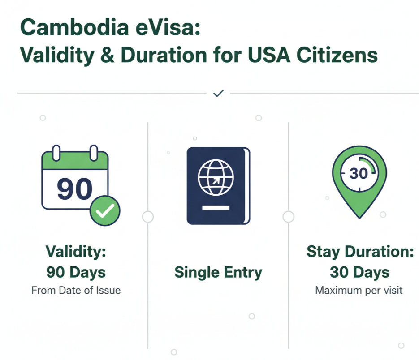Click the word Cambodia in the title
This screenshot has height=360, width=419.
[x=74, y=27]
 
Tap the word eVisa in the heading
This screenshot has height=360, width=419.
[x=168, y=27]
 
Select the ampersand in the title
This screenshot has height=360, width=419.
[x=108, y=55]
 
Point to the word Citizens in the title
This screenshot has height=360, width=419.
[x=337, y=55]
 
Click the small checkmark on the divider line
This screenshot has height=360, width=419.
[x=218, y=93]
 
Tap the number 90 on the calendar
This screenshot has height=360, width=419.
[x=74, y=189]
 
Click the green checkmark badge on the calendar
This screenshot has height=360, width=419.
[x=105, y=210]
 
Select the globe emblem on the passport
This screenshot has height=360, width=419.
[x=216, y=177]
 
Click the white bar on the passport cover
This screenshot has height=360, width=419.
[x=216, y=207]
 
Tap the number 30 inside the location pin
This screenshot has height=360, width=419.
[x=359, y=174]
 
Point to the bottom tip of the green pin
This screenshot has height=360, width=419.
[x=359, y=219]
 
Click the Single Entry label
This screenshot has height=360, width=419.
[x=218, y=273]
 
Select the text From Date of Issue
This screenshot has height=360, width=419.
[x=76, y=290]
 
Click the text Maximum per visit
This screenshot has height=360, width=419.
[x=359, y=291]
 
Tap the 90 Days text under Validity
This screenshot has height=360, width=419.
[x=76, y=272]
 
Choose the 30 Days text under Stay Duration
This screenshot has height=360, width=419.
[x=359, y=272]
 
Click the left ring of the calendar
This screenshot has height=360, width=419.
[x=56, y=153]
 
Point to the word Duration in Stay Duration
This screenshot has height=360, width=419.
[x=379, y=251]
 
